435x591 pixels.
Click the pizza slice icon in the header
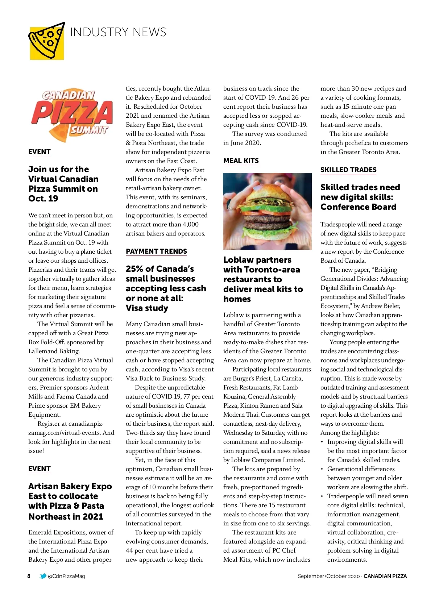point(46,41)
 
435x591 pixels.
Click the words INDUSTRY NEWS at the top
point(118,32)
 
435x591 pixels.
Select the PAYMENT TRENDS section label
point(156,251)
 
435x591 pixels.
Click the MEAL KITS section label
point(241,161)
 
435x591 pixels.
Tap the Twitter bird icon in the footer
point(43,576)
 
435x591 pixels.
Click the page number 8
point(29,576)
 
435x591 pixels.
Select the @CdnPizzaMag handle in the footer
point(66,576)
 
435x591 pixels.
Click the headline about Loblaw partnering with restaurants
point(263,279)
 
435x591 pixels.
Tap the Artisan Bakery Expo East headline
point(70,501)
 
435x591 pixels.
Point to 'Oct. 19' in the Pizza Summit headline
point(43,199)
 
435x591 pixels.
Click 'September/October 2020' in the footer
point(328,576)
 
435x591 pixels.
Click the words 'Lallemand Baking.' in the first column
point(54,351)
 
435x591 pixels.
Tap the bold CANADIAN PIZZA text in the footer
point(385,576)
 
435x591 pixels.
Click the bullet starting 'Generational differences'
point(367,478)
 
